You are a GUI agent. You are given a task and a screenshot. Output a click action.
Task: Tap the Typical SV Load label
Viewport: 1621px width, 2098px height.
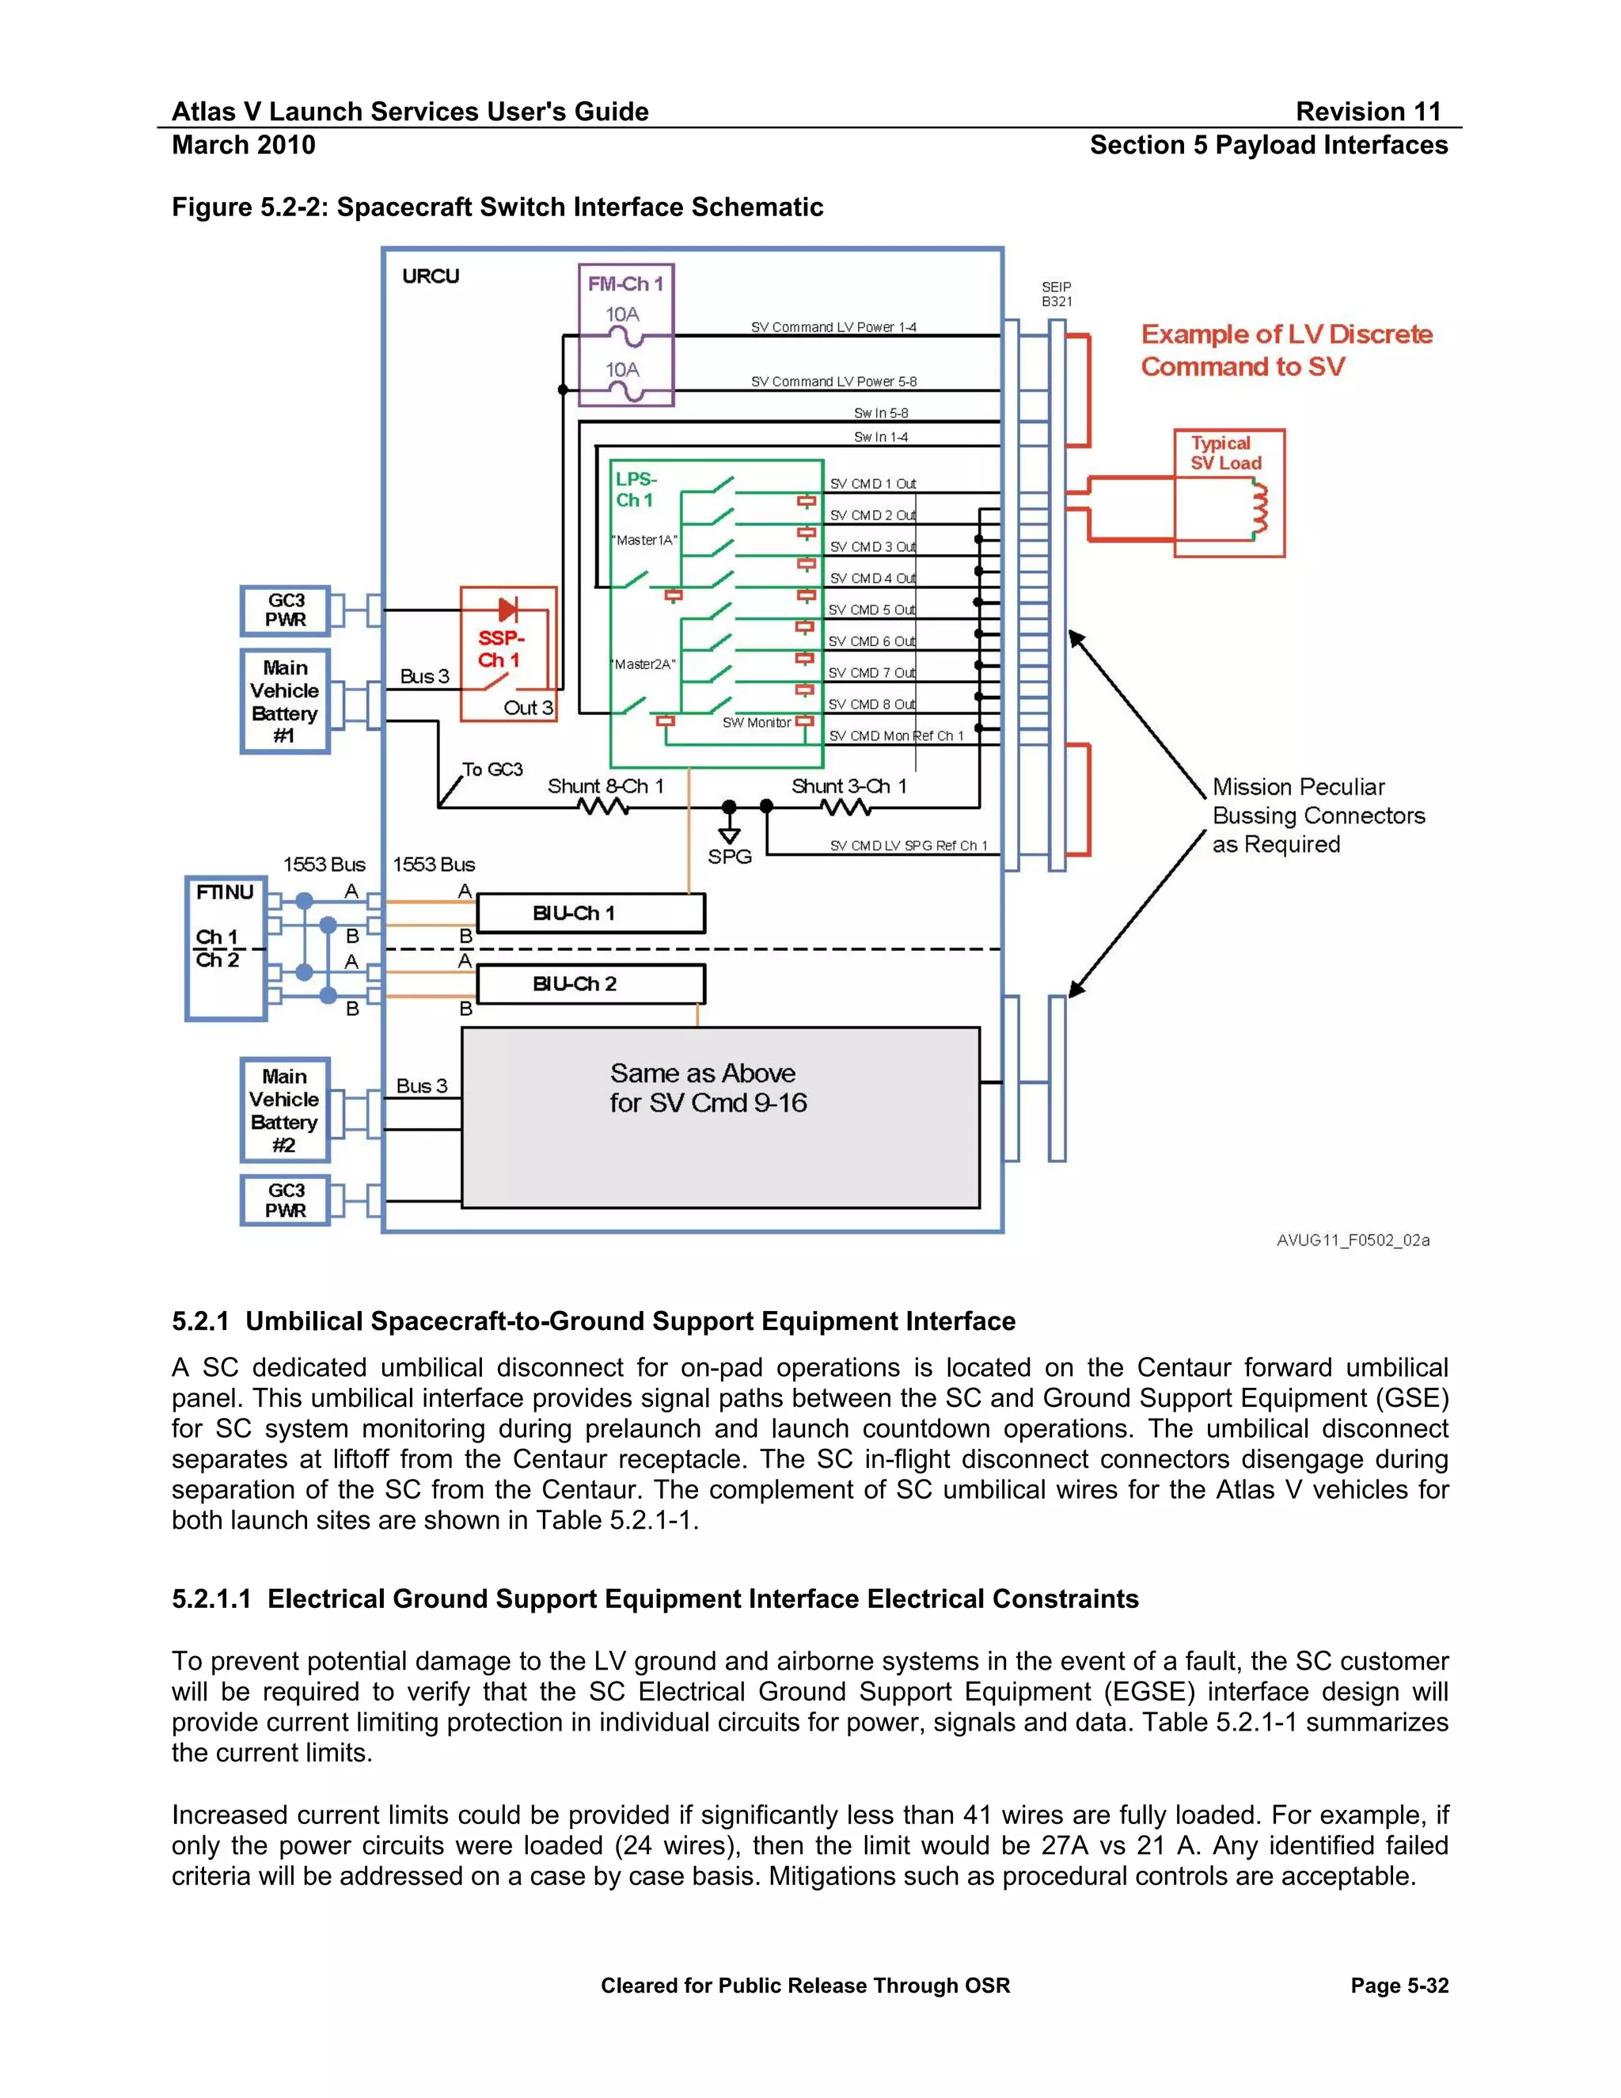(x=1225, y=454)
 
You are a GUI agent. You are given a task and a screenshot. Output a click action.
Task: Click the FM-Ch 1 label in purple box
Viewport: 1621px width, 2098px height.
(x=625, y=284)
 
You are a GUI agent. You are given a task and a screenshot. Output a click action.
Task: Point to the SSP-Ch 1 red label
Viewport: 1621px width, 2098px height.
(x=499, y=649)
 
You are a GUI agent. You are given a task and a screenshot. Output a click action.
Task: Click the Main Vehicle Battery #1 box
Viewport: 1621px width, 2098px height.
(x=284, y=701)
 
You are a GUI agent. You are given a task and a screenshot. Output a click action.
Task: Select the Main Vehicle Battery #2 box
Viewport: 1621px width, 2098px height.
(x=284, y=1111)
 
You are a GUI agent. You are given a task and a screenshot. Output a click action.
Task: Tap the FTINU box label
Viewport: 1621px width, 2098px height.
(x=225, y=892)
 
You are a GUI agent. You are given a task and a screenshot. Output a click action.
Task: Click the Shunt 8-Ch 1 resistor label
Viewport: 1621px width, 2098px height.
(x=605, y=786)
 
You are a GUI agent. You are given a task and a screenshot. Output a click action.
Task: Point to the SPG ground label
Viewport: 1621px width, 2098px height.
(x=729, y=857)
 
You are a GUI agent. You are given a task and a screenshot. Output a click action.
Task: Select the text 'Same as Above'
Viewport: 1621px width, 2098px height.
(x=702, y=1073)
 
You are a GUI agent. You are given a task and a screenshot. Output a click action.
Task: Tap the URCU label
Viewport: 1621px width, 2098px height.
(x=431, y=276)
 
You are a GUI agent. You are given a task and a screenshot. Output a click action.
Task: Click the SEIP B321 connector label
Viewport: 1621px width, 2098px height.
(x=1057, y=294)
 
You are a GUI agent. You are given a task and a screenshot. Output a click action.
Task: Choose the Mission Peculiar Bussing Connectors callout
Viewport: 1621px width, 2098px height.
(x=1318, y=815)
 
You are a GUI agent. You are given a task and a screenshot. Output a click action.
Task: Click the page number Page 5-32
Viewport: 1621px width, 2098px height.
(x=1399, y=1986)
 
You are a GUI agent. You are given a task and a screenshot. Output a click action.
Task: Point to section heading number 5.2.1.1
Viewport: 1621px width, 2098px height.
(x=211, y=1598)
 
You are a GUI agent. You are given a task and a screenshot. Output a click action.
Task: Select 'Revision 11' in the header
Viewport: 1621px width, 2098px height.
(x=1368, y=112)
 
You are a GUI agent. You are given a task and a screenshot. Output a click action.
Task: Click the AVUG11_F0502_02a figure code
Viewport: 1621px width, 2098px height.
(x=1352, y=1240)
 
